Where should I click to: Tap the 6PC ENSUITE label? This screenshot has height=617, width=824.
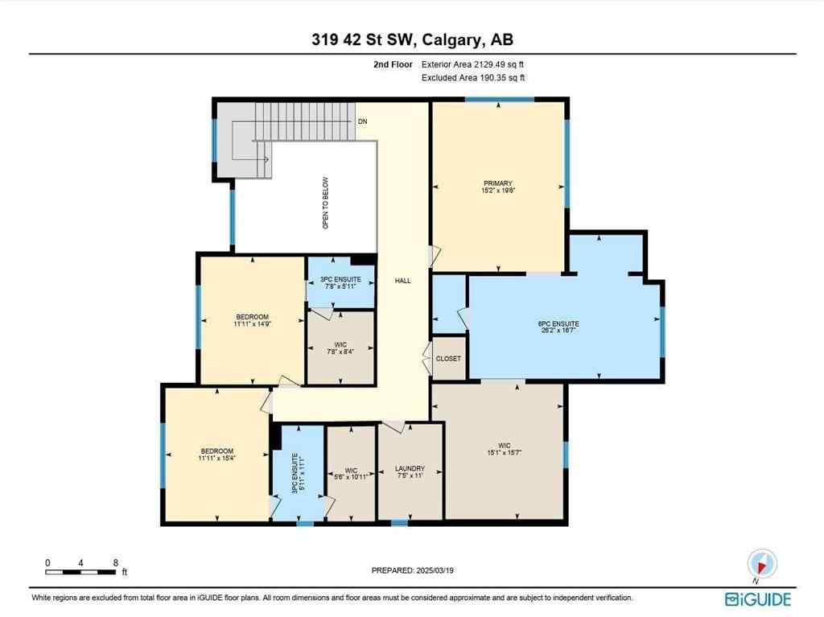click(558, 323)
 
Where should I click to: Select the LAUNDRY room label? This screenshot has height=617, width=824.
click(410, 468)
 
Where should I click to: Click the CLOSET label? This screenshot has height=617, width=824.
click(448, 358)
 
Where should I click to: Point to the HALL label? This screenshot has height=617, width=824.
click(402, 281)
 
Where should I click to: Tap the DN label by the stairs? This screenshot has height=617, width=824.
click(364, 121)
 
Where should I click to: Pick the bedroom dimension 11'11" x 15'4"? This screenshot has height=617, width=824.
click(216, 458)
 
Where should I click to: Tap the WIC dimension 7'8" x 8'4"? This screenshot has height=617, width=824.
click(341, 351)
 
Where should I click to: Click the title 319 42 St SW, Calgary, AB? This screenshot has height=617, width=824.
click(411, 39)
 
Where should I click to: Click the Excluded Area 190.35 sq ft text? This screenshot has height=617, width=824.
click(473, 78)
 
